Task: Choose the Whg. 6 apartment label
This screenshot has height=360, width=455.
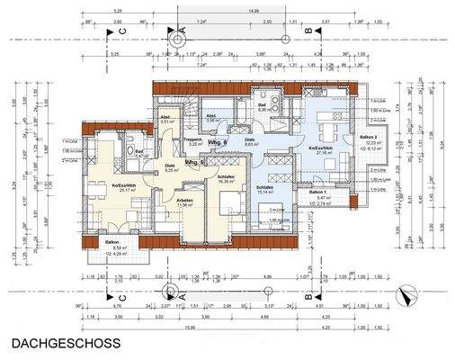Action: tap(217, 144)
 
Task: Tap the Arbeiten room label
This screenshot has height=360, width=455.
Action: tap(183, 201)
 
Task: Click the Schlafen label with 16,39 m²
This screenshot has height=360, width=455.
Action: tap(227, 177)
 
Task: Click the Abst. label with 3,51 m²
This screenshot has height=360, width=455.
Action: tap(165, 118)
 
